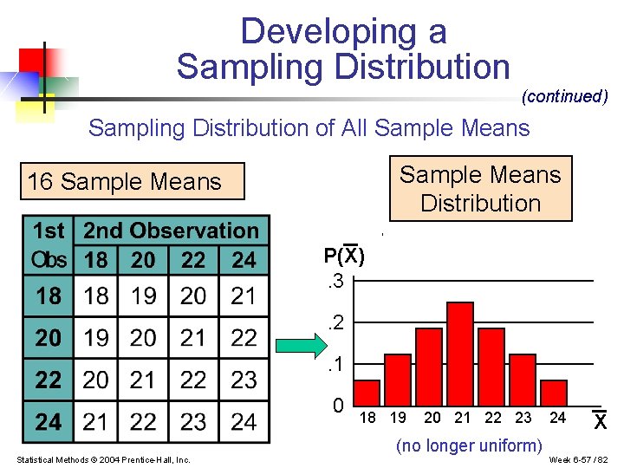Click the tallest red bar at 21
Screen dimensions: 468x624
(460, 354)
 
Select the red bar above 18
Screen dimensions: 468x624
(367, 393)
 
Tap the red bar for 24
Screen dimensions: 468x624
(553, 393)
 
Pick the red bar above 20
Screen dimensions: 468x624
(429, 367)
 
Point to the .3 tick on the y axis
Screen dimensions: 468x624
(333, 281)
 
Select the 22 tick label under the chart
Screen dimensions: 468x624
(492, 418)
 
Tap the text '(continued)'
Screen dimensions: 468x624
(564, 96)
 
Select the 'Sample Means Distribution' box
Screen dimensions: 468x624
(480, 189)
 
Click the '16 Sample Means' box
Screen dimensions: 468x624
(125, 182)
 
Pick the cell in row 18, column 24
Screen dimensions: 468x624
(244, 296)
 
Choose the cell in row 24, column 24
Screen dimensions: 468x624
(244, 422)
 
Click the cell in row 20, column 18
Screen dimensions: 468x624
(96, 338)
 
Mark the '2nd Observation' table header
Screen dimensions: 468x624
(171, 231)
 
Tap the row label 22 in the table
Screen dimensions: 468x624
(49, 380)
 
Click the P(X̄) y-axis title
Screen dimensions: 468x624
(344, 256)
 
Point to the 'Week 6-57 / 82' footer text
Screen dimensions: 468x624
(579, 458)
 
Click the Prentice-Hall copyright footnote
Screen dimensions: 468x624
(103, 458)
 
